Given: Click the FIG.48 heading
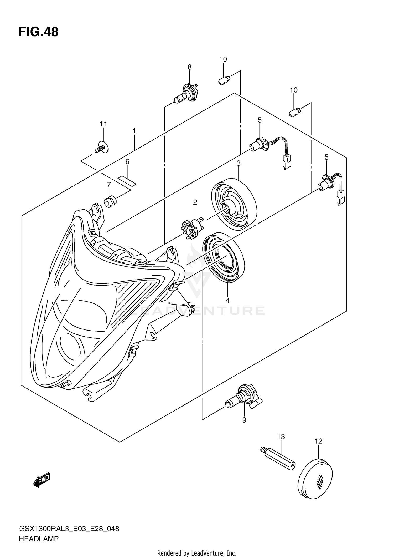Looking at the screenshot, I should [38, 32].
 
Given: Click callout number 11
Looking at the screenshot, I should [103, 124].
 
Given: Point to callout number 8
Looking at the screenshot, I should [189, 67].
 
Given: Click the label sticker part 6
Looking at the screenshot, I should [127, 181].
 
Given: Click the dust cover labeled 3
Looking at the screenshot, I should [234, 202].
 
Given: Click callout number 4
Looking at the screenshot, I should [227, 301].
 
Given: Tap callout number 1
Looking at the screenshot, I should [134, 131].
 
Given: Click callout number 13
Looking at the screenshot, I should [281, 437].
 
